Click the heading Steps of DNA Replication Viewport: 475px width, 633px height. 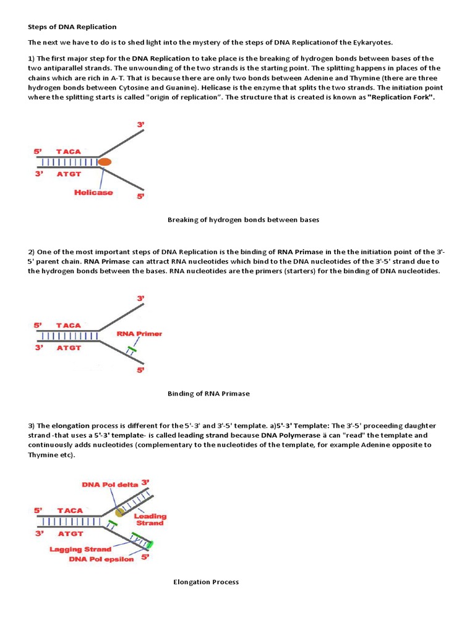(72, 27)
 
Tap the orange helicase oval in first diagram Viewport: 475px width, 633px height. (105, 162)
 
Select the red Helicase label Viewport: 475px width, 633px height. (93, 192)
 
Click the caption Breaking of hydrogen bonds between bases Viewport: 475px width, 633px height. (243, 219)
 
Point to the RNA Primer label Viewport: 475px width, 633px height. (139, 334)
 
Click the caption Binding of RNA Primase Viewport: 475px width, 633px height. (208, 393)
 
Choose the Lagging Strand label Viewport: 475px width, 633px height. (81, 549)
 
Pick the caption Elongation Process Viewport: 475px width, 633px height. (206, 582)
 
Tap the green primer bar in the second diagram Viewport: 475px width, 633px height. (131, 350)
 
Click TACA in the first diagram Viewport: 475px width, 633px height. (68, 151)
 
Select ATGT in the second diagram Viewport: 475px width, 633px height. (69, 348)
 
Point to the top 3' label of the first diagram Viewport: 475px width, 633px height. (141, 125)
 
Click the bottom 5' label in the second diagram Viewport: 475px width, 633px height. (141, 370)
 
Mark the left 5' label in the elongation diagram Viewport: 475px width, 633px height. (38, 511)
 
